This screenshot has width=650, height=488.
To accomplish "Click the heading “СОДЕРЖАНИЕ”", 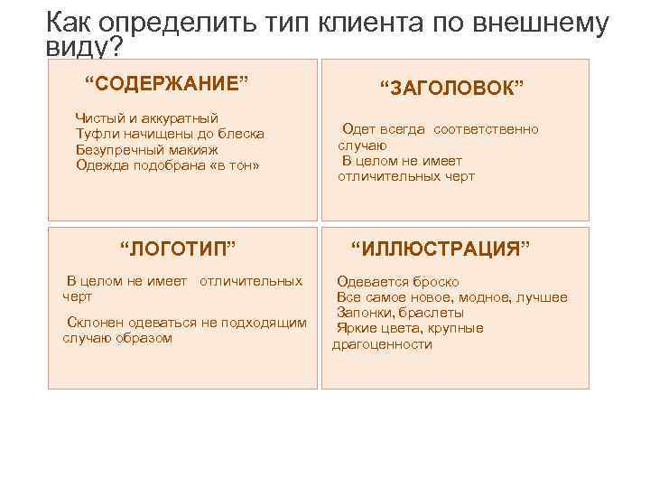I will [166, 85].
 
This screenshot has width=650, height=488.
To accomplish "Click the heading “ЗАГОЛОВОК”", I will [451, 88].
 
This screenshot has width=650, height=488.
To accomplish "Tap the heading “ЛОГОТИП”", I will [178, 249].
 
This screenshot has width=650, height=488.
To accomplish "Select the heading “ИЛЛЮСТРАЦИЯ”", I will [440, 249].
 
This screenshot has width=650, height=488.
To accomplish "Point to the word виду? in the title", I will [83, 47].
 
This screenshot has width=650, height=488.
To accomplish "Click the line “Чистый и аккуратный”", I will [146, 118].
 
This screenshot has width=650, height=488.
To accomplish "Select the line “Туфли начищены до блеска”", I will [170, 134].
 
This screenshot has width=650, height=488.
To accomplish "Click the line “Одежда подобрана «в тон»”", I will [167, 164].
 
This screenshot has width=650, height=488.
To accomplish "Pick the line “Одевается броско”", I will [397, 282].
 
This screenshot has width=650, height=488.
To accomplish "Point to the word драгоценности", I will [382, 344].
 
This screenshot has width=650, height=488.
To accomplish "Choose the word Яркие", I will [356, 328].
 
